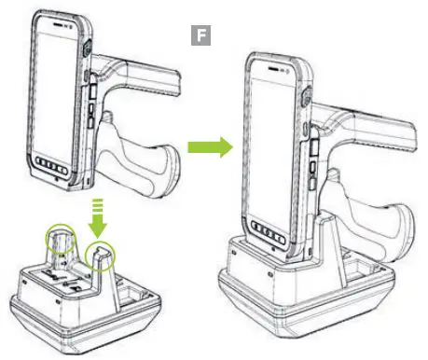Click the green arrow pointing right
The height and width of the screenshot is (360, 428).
tap(207, 147)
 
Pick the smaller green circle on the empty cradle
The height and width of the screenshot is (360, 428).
tap(102, 256)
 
